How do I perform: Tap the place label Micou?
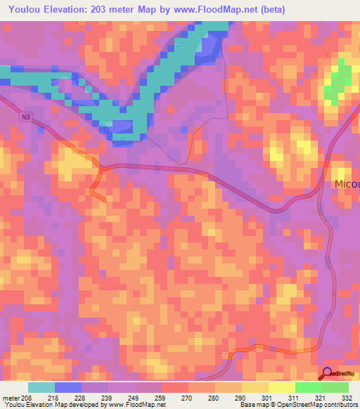coord(345,184)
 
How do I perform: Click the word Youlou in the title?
coord(27,10)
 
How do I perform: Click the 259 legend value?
coord(159,398)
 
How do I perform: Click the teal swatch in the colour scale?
coord(41,388)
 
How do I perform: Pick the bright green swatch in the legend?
coord(308,388)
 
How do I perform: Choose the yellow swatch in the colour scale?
coord(281,388)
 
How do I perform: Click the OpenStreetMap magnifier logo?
coord(327,375)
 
